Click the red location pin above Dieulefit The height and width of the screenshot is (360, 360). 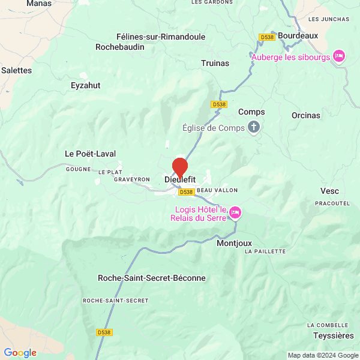click(x=180, y=166)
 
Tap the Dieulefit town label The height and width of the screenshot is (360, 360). click(x=180, y=179)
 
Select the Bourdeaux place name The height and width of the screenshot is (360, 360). click(x=298, y=35)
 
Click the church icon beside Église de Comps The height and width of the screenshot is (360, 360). click(x=254, y=127)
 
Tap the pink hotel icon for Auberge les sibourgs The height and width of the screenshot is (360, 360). click(x=338, y=56)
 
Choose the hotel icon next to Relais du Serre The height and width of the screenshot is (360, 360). click(x=235, y=212)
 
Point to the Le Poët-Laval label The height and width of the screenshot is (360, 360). click(x=90, y=154)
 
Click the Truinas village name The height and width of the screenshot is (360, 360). click(x=215, y=63)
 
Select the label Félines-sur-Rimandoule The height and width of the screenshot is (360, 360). click(x=152, y=37)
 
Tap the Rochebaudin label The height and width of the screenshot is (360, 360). click(x=120, y=47)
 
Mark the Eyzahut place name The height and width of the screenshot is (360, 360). click(x=85, y=85)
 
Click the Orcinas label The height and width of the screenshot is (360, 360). click(x=306, y=115)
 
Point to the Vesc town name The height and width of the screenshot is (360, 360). click(x=329, y=191)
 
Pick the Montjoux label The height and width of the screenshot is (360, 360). click(x=234, y=244)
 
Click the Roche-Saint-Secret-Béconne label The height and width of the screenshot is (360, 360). click(x=151, y=278)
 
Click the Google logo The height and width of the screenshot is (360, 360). click(x=20, y=353)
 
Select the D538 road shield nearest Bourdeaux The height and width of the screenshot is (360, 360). click(x=267, y=37)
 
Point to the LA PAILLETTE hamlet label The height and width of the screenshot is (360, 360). click(x=265, y=251)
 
